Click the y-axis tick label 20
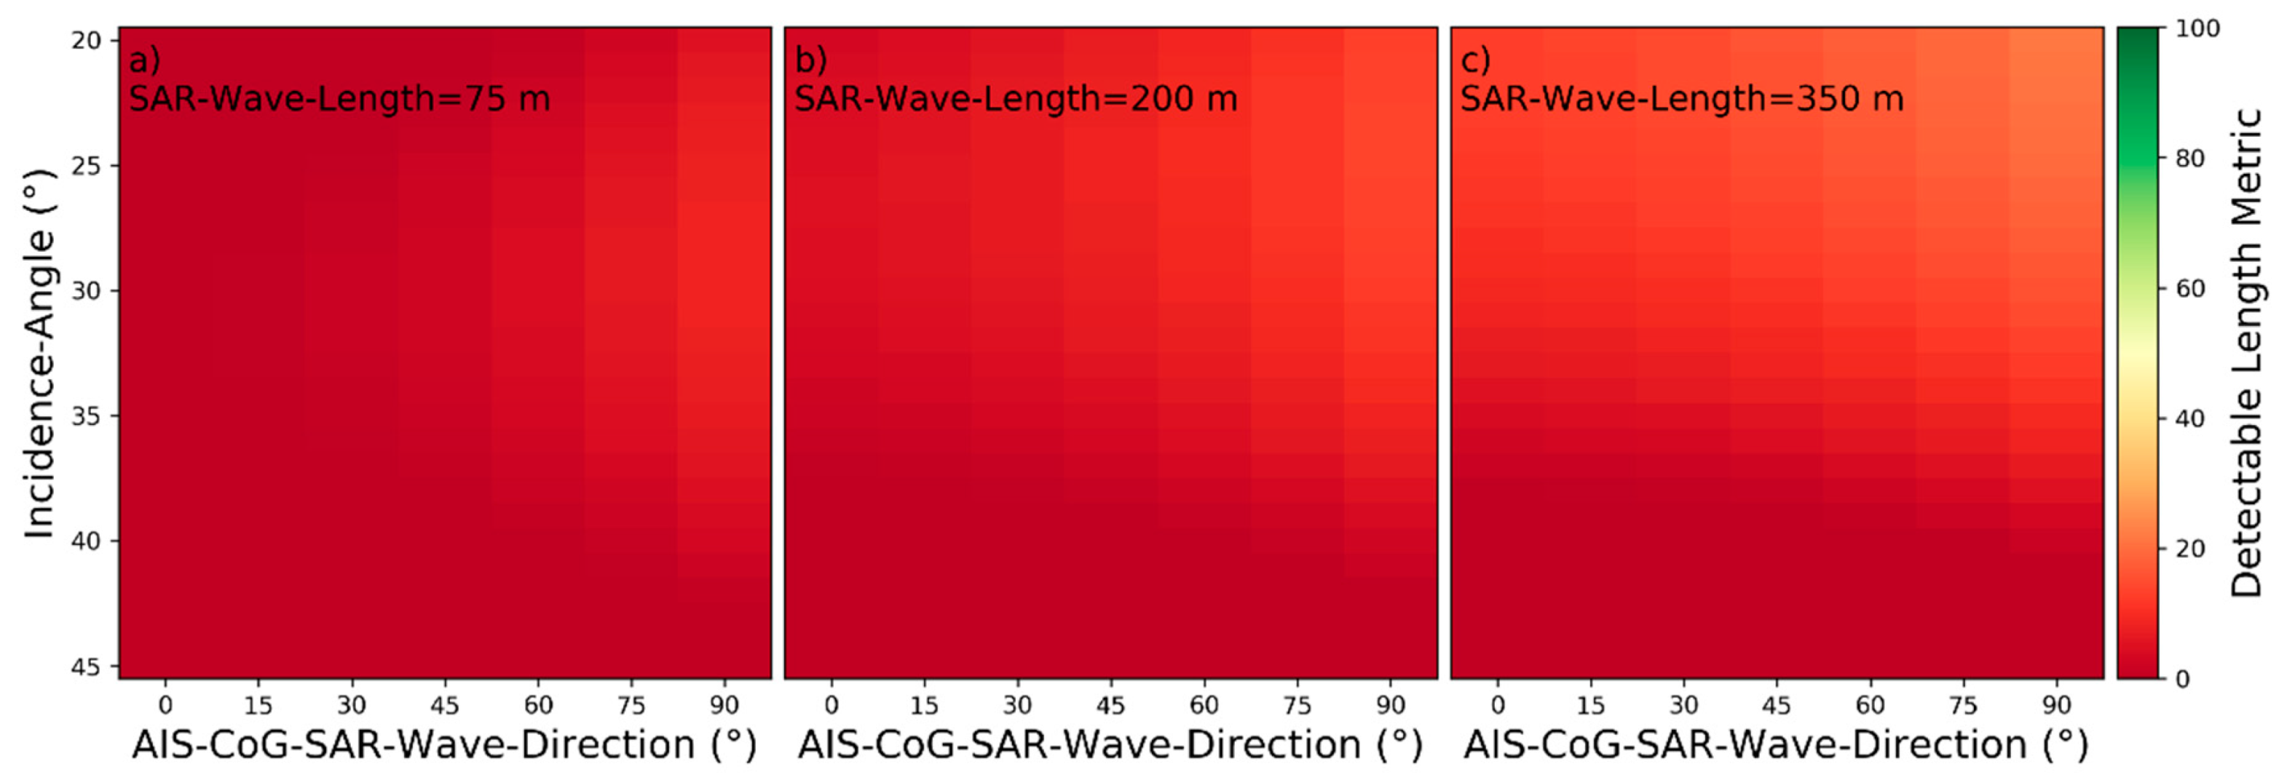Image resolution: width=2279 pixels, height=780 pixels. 86,41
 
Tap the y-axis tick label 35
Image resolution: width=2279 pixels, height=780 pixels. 86,415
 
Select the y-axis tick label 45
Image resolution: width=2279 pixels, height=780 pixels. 86,666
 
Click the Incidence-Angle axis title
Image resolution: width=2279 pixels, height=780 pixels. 39,354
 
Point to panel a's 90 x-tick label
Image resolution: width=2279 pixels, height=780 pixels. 724,705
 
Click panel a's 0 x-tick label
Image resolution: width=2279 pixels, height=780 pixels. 165,705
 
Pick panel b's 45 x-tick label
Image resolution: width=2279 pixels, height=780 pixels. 1110,705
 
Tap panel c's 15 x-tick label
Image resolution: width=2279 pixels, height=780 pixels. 1591,705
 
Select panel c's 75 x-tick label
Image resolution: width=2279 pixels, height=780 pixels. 1963,705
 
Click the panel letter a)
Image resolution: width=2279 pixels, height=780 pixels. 145,60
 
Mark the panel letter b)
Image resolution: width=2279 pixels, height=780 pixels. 810,60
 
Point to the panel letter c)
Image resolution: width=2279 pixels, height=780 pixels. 1476,60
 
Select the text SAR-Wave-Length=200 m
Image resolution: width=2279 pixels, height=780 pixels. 1016,99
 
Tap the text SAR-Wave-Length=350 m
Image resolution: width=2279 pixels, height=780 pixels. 1682,99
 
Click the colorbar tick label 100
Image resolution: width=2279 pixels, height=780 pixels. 2197,29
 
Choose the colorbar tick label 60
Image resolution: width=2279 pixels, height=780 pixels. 2190,289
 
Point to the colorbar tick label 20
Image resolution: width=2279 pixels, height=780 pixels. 2190,549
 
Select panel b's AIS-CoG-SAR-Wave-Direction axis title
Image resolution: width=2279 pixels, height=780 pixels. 1110,744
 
